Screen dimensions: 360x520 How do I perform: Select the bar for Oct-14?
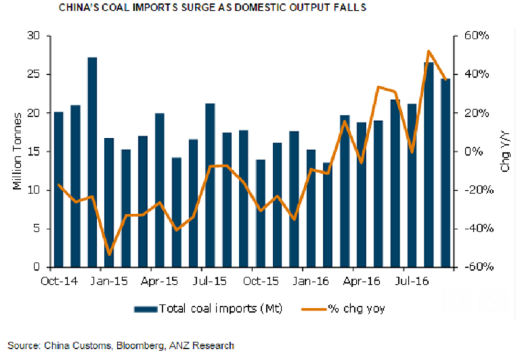click(x=58, y=189)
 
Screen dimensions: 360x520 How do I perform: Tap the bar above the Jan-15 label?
click(x=109, y=203)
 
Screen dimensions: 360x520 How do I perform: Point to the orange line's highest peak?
click(x=429, y=51)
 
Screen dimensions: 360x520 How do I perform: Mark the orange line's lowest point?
click(x=109, y=255)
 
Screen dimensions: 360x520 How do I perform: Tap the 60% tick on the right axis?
click(x=474, y=36)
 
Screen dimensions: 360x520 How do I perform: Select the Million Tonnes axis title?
click(x=18, y=152)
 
